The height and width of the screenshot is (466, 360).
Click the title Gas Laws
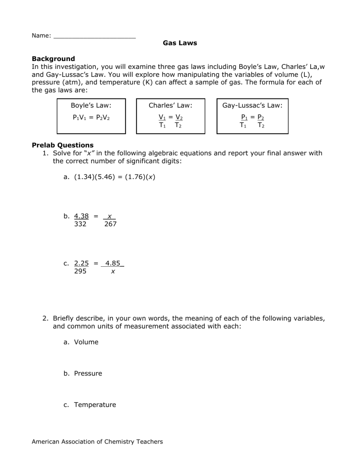coord(180,43)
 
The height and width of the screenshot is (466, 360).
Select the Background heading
coord(53,59)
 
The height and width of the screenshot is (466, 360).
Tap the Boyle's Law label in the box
coord(91,106)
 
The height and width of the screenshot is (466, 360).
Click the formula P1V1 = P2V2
coord(91,117)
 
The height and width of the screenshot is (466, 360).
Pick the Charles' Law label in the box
coord(170,106)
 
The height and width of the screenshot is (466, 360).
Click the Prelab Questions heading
coord(62,145)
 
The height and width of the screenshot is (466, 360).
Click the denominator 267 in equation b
coord(110,224)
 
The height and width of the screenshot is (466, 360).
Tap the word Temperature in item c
coord(95,405)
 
